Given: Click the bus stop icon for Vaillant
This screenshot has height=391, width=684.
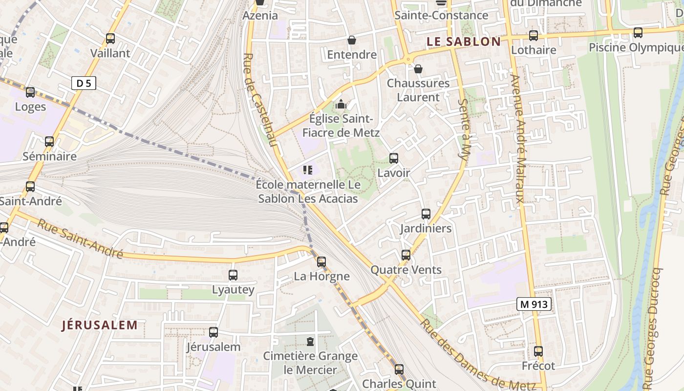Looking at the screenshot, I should coord(110,39).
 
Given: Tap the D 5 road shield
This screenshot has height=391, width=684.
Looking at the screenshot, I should coord(84,83).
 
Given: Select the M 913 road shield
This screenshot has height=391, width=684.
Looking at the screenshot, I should coord(534,304).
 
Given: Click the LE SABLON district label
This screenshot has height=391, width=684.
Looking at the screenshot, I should coord(464,42).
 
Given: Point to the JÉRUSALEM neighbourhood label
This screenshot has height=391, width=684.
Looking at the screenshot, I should coord(100,325).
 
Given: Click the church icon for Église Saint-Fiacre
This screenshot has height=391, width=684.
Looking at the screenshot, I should coord(341,104).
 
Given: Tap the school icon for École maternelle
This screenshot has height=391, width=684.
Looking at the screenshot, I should coord(307,170).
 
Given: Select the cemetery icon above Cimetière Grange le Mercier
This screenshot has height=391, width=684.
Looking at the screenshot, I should coord(310,341).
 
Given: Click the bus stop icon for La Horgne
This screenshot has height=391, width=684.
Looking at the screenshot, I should coord(321,261).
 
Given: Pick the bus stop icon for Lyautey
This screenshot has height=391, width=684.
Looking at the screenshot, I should coord(233,275).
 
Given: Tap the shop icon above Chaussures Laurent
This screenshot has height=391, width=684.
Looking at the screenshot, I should coord(418,69).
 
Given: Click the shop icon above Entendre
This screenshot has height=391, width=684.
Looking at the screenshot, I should coord(351,40).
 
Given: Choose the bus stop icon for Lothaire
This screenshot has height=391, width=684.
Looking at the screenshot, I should coord(533,36).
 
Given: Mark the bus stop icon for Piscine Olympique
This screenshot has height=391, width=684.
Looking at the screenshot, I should coord(638,33).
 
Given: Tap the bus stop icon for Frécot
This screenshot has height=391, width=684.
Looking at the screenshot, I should coord(538,351).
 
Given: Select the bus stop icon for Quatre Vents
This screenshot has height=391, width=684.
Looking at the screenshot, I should coord(406,255).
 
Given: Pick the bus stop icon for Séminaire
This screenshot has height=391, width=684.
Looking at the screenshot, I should coord(49,142).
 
